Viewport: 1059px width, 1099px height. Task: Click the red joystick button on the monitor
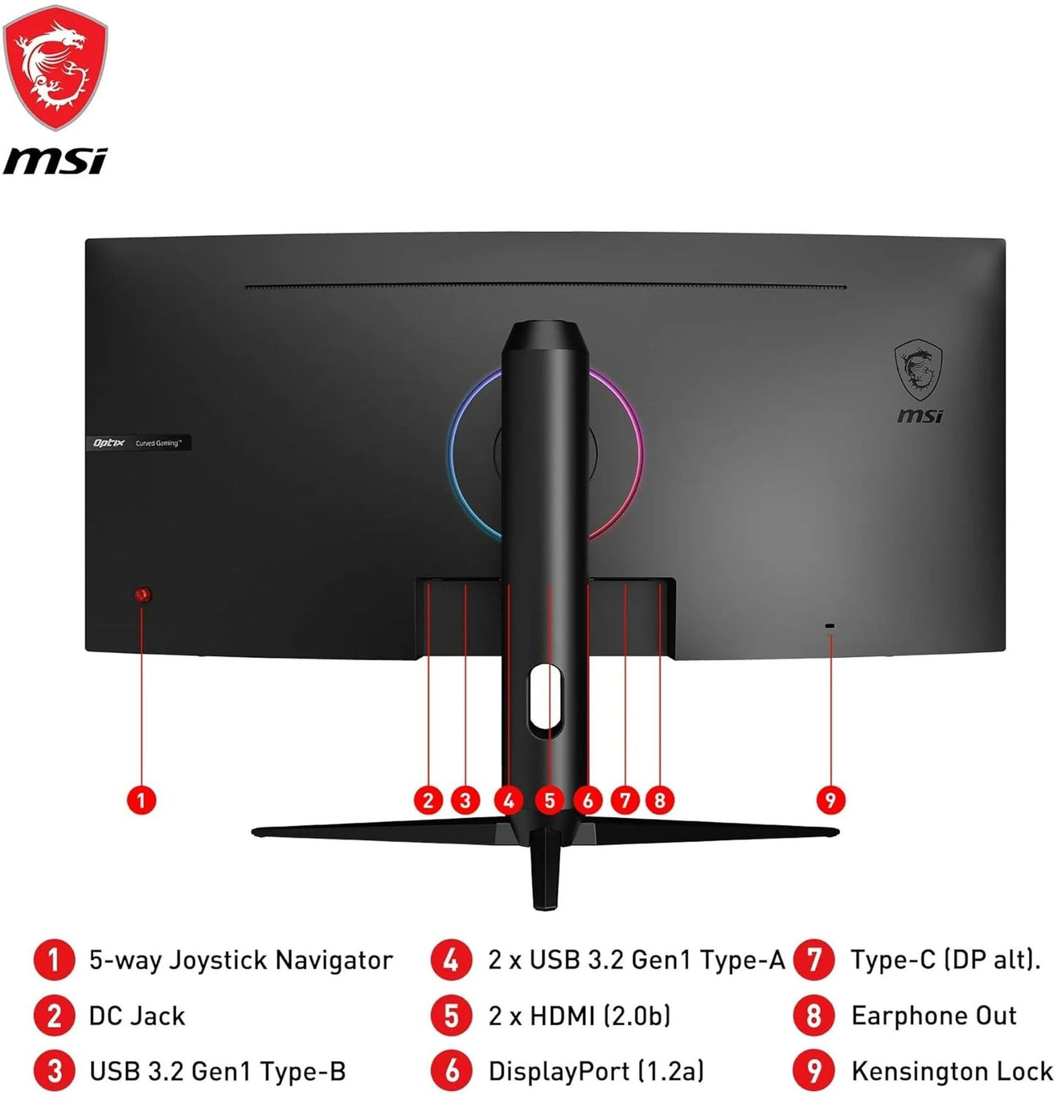click(143, 595)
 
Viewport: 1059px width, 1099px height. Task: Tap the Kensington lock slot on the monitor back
click(830, 626)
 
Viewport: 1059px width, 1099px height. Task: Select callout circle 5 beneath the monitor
click(549, 800)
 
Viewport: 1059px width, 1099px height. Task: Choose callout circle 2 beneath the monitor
click(428, 800)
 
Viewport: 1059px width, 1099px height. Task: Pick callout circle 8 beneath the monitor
click(659, 800)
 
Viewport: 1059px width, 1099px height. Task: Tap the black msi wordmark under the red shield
click(54, 162)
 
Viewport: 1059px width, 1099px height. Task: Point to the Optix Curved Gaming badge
click(142, 443)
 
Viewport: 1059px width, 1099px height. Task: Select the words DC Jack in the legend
click(137, 1016)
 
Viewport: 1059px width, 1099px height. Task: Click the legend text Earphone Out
click(933, 1016)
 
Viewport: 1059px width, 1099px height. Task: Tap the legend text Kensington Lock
click(952, 1071)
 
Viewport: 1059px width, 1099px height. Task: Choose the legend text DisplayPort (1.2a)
click(596, 1071)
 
